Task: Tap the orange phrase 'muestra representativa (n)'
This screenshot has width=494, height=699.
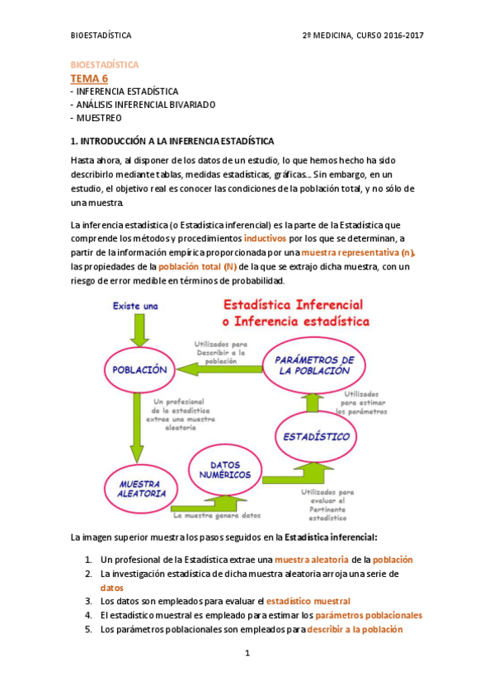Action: click(359, 252)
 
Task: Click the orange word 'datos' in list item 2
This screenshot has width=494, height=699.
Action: click(111, 588)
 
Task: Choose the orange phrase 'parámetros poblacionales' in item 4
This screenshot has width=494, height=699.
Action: click(369, 615)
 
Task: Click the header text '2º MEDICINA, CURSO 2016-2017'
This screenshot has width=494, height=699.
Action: click(364, 35)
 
